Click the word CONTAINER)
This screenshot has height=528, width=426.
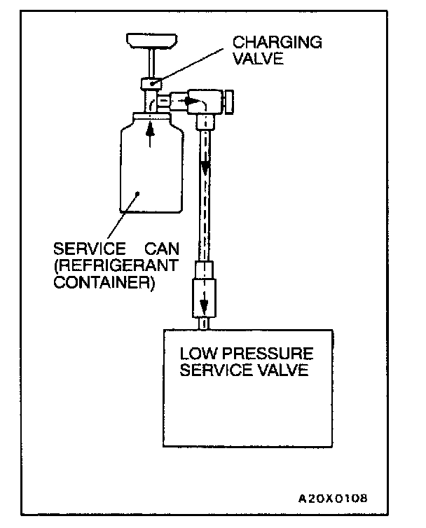pyautogui.click(x=104, y=284)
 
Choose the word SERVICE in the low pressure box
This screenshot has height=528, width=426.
pyautogui.click(x=212, y=370)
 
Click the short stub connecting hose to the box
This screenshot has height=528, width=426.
pyautogui.click(x=204, y=323)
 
